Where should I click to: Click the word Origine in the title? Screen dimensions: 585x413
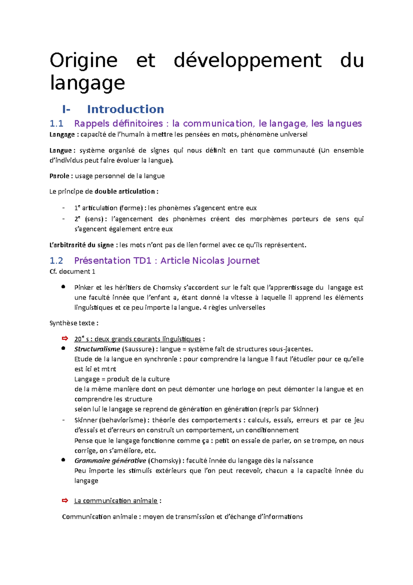84,61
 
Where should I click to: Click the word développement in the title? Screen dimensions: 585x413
247,61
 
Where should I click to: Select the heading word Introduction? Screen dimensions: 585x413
125,109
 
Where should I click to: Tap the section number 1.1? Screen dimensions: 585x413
56,123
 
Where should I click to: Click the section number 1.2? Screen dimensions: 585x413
56,260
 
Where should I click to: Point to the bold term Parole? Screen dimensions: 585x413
59,176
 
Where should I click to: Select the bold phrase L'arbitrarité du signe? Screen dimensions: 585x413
82,245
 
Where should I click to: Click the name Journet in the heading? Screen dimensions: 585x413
243,260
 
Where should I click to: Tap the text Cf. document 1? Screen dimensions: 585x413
72,271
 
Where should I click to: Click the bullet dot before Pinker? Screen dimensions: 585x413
63,287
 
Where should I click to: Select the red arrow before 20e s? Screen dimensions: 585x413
65,339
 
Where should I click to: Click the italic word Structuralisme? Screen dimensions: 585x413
97,349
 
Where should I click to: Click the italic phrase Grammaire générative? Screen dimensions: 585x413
110,461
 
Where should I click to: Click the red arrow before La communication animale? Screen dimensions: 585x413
65,501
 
